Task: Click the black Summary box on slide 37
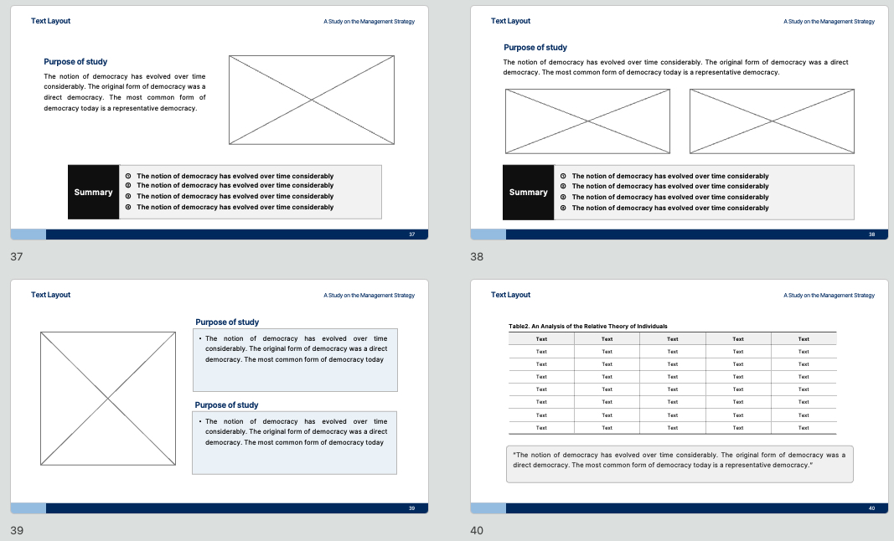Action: pos(94,192)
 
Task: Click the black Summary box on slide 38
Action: pos(529,192)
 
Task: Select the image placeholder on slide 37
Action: pos(312,100)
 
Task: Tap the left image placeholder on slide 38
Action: pos(588,121)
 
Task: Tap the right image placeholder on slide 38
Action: pos(772,121)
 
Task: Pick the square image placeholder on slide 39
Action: pos(108,399)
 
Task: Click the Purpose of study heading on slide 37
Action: pos(75,62)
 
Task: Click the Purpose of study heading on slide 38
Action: pos(535,47)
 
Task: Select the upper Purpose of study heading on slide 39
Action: pos(227,322)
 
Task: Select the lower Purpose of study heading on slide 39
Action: pos(226,404)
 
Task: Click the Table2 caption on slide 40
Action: pos(588,326)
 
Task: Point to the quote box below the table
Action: pos(680,464)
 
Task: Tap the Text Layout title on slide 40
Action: pos(510,295)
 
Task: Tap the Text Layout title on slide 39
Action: pos(51,295)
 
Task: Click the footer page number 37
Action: pos(411,234)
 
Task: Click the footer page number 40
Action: pos(871,508)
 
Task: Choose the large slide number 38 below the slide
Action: pos(477,256)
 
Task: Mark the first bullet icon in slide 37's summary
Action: pos(128,176)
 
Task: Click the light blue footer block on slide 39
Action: pos(28,508)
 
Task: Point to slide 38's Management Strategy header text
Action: pos(829,22)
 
